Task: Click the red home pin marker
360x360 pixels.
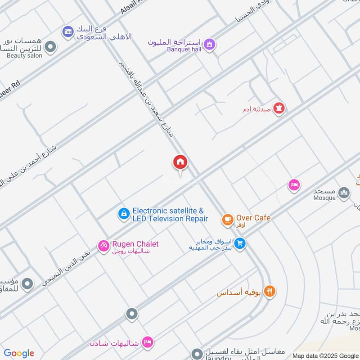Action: [180, 162]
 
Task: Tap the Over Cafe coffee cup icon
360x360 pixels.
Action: [228, 220]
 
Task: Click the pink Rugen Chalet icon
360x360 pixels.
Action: [103, 245]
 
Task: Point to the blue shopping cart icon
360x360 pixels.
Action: [240, 243]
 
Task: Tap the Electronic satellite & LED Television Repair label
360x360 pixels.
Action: [170, 215]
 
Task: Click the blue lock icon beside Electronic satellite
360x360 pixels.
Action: [123, 214]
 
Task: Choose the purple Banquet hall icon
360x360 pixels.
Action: [209, 44]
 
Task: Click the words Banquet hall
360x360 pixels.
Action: [185, 49]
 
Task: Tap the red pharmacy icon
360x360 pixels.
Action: [279, 108]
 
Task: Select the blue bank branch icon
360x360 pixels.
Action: [68, 31]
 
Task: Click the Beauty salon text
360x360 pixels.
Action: [24, 56]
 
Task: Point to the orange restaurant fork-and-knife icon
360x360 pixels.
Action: [270, 291]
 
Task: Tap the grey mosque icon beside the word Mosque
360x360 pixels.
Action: [344, 193]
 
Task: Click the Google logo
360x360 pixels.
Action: [19, 353]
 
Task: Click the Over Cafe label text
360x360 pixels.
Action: [253, 218]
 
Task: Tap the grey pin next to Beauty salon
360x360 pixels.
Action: [51, 46]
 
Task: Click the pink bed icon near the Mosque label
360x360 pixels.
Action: [294, 185]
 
